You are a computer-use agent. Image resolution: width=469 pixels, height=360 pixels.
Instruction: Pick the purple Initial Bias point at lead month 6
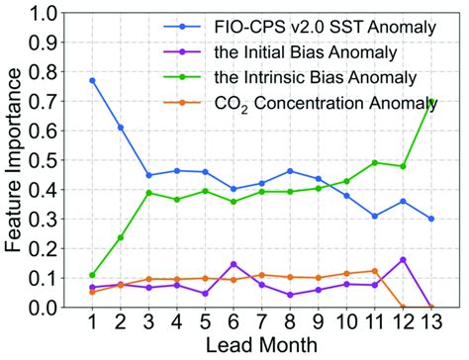point(234,264)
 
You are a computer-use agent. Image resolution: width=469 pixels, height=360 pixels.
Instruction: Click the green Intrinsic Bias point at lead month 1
point(92,275)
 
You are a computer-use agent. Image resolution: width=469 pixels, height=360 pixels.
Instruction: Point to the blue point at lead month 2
point(121,128)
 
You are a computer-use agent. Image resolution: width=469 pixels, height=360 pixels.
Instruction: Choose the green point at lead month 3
point(148,193)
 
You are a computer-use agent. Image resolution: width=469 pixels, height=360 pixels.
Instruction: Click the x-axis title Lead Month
point(261,346)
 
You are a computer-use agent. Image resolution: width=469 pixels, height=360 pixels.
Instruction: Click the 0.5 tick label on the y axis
point(49,160)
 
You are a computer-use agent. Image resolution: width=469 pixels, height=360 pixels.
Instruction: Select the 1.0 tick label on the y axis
point(49,14)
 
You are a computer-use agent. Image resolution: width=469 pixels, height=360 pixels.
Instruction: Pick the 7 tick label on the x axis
point(262,323)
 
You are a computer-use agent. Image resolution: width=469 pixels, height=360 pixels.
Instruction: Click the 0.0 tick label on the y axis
point(49,308)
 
